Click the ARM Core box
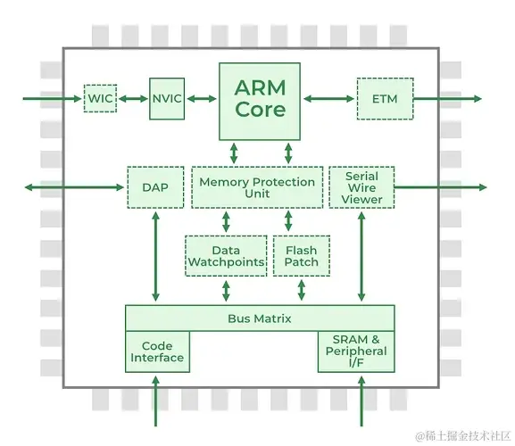tap(260, 102)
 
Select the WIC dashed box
tap(100, 98)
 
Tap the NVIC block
tap(167, 98)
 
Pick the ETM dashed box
tap(385, 98)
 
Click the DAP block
tap(155, 187)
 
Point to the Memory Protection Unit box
tap(257, 187)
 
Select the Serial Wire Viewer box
tap(361, 187)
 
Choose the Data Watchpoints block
tap(226, 256)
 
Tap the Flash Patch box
tap(302, 256)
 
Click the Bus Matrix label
tap(260, 318)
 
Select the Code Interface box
tap(157, 351)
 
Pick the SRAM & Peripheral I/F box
tap(356, 351)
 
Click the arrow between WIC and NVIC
tap(133, 98)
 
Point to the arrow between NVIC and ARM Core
tap(202, 98)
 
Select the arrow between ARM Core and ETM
tap(328, 98)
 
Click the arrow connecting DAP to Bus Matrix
tap(155, 256)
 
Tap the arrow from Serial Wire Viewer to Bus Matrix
tap(361, 256)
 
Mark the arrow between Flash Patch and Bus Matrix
tap(301, 290)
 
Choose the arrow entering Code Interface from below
tap(155, 401)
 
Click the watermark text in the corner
tap(463, 436)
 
